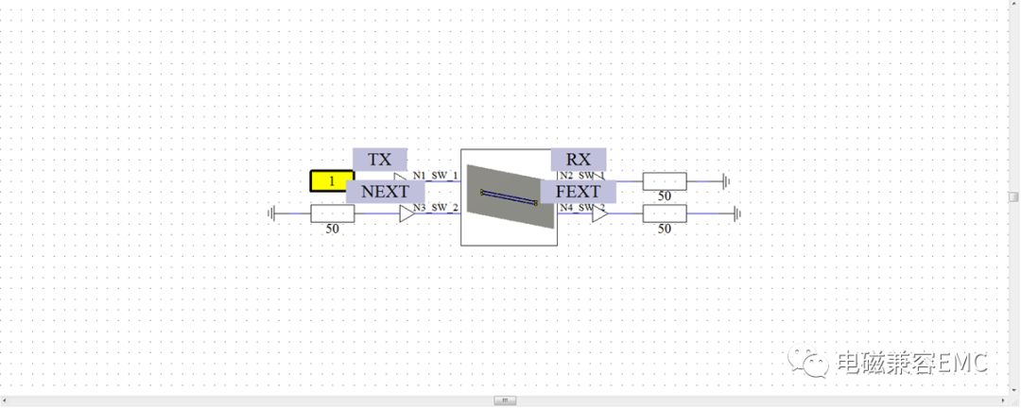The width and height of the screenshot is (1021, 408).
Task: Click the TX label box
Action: pos(379,160)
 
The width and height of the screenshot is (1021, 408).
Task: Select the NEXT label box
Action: pos(385,192)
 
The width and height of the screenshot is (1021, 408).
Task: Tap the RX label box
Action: pos(578,160)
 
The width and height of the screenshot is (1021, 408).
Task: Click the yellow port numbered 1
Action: pos(332,180)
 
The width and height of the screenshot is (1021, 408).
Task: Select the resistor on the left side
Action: pos(333,213)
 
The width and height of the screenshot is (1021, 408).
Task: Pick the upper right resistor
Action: pos(665,180)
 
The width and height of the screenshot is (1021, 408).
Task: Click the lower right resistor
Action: pos(665,213)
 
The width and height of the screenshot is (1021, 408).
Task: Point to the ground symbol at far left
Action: pos(272,213)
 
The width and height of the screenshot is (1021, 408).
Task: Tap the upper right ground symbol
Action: pos(726,180)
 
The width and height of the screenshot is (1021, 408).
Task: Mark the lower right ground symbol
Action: pos(736,213)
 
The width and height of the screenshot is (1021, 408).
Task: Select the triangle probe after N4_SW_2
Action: pos(599,214)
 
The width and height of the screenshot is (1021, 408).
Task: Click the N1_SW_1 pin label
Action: pos(435,176)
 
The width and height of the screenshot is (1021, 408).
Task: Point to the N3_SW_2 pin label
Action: pos(435,208)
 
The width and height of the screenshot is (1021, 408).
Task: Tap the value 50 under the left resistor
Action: pos(333,229)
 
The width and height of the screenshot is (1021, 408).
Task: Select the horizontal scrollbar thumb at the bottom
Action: pos(505,400)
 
